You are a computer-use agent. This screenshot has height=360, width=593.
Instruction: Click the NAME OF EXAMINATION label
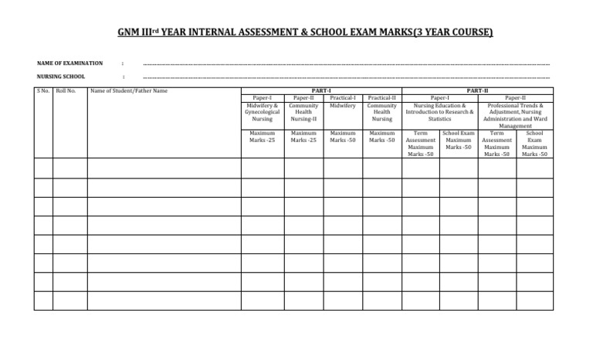click(x=69, y=63)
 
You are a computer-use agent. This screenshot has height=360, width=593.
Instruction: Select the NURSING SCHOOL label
click(x=61, y=76)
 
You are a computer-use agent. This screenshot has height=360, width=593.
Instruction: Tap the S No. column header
click(x=43, y=91)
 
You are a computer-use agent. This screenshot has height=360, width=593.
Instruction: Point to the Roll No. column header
click(x=66, y=91)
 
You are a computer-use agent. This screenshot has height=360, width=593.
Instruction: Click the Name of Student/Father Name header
click(x=129, y=91)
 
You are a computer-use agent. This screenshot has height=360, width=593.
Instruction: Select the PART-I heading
click(x=321, y=91)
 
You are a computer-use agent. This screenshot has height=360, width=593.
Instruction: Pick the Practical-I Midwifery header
click(x=342, y=102)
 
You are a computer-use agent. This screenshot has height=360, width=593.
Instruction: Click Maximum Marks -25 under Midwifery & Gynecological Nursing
click(x=262, y=137)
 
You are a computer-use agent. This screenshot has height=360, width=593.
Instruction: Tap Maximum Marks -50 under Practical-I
click(x=342, y=137)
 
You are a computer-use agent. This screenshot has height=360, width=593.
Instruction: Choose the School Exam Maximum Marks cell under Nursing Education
click(x=458, y=141)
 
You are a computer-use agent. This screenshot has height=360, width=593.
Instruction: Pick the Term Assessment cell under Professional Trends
click(x=496, y=144)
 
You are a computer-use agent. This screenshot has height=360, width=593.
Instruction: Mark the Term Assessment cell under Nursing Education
click(x=420, y=144)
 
